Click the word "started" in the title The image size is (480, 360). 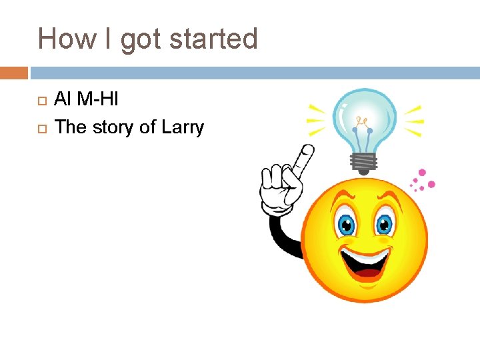(213, 39)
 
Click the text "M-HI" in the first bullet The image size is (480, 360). (97, 100)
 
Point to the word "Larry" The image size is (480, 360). (181, 127)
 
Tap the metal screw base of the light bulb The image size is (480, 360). (365, 162)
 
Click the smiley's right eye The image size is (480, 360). (385, 223)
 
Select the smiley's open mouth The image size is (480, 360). (365, 262)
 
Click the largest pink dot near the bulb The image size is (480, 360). (431, 184)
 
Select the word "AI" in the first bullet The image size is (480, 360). (62, 100)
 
